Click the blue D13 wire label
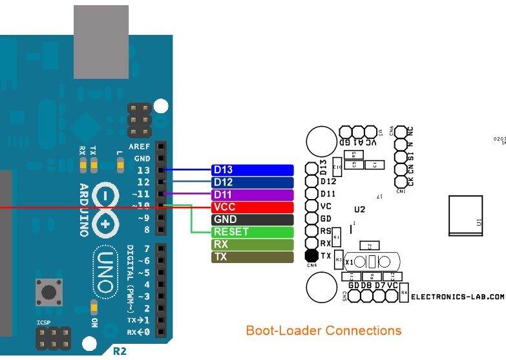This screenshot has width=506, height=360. pos(253,170)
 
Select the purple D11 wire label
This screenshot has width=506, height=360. pos(253,195)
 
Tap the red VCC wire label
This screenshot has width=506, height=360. pos(253,207)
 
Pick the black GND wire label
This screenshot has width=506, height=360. pos(253,220)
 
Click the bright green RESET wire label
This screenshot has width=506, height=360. pos(253,232)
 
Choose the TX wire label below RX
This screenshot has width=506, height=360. pos(253,257)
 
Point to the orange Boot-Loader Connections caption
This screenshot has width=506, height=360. pos(323,331)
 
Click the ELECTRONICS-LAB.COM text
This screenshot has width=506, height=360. pos(457,297)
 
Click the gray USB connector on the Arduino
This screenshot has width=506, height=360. pos(101,43)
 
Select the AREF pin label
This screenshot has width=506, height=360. pos(140,147)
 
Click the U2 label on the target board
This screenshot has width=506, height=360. pos(360,209)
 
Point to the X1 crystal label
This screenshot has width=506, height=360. pos(350,262)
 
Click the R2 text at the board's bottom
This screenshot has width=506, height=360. pos(120,352)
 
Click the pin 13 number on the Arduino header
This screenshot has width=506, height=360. pos(143,171)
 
